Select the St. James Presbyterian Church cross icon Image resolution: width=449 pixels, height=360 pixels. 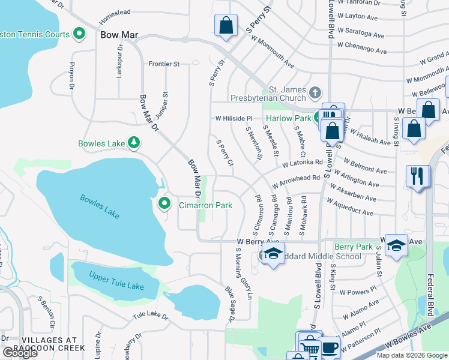pyautogui.click(x=316, y=93)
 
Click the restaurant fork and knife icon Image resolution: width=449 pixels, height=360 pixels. pyautogui.click(x=418, y=176)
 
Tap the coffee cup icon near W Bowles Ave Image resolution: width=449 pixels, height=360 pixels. pyautogui.click(x=328, y=347)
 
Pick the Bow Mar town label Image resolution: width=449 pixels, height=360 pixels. pyautogui.click(x=119, y=35)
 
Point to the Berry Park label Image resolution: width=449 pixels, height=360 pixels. pyautogui.click(x=353, y=247)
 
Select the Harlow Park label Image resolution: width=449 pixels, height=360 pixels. pyautogui.click(x=289, y=118)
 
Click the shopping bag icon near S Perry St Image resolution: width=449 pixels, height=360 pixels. pyautogui.click(x=225, y=26)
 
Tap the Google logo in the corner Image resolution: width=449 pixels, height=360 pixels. pyautogui.click(x=20, y=353)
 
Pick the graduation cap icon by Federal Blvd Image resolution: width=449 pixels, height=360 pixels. pyautogui.click(x=396, y=245)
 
